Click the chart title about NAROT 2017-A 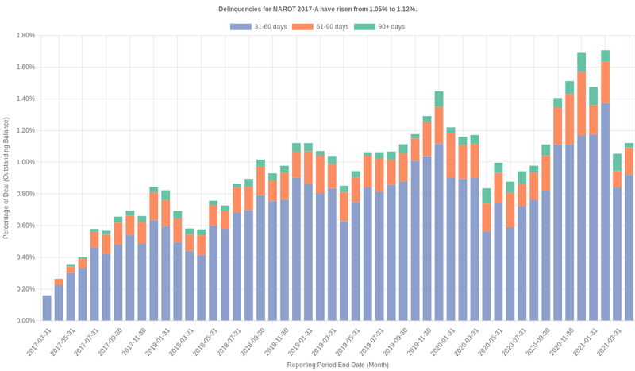tap(317, 9)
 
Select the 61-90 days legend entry tap(321, 27)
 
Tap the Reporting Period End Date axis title tap(338, 364)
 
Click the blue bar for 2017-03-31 tap(47, 308)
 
